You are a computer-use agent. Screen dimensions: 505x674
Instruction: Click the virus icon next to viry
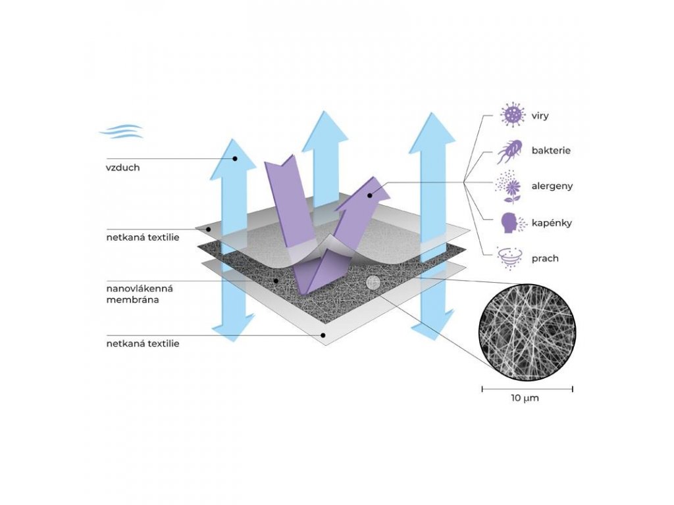510,115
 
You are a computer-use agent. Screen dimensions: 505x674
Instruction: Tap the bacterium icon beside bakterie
509,151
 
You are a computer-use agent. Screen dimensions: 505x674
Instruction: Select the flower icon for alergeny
509,187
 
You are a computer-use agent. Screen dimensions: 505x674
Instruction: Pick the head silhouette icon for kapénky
509,223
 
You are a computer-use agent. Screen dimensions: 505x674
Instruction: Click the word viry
540,116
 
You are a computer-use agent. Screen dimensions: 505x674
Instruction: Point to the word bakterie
551,151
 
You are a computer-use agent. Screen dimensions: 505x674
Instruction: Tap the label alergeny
552,186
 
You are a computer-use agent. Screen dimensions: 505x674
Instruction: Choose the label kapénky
552,223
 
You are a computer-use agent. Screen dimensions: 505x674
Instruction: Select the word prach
545,258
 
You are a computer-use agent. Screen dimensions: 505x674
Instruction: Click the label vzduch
123,168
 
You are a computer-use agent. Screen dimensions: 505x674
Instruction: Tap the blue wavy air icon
121,131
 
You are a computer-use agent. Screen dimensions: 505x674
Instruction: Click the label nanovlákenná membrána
134,294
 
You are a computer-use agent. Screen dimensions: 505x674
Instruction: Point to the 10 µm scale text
525,398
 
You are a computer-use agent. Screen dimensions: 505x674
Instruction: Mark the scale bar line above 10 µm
527,389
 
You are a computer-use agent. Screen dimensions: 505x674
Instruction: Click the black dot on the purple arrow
371,195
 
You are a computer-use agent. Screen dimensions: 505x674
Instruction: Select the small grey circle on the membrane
373,283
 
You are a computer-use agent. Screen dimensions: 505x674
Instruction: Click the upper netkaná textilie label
142,237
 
